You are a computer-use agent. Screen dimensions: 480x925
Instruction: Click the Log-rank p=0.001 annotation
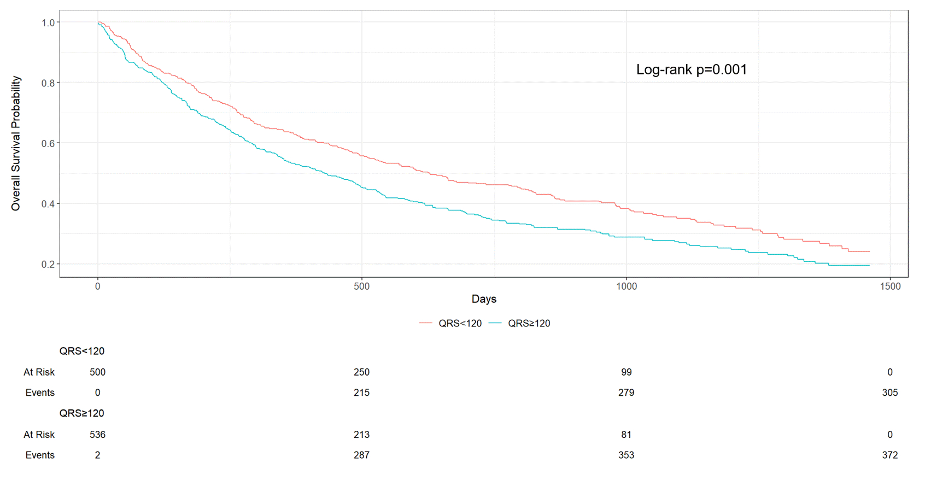691,69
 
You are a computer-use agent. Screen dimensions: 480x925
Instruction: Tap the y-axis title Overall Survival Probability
16,143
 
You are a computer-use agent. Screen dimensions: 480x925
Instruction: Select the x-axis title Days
484,299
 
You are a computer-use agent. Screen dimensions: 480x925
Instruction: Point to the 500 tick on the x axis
361,286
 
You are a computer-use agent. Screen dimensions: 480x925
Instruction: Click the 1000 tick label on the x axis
626,286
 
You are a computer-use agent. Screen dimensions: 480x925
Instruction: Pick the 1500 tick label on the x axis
890,286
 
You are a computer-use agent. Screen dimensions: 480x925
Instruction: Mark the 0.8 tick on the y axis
48,83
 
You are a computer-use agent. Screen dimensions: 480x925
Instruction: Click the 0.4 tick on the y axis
48,204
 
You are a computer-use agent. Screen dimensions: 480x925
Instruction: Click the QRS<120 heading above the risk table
82,351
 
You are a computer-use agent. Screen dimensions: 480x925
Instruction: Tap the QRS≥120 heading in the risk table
82,413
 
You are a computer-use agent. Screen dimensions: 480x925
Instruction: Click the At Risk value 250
361,372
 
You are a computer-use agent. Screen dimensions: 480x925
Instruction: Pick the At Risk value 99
626,372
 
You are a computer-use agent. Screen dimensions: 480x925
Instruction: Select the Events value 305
889,393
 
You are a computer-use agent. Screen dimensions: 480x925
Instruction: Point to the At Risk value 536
97,435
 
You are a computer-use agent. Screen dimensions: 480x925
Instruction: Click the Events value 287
361,455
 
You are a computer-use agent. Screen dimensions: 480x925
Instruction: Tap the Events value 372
889,455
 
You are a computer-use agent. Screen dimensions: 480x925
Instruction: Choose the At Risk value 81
626,435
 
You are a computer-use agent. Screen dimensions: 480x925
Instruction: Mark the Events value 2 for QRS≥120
97,455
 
